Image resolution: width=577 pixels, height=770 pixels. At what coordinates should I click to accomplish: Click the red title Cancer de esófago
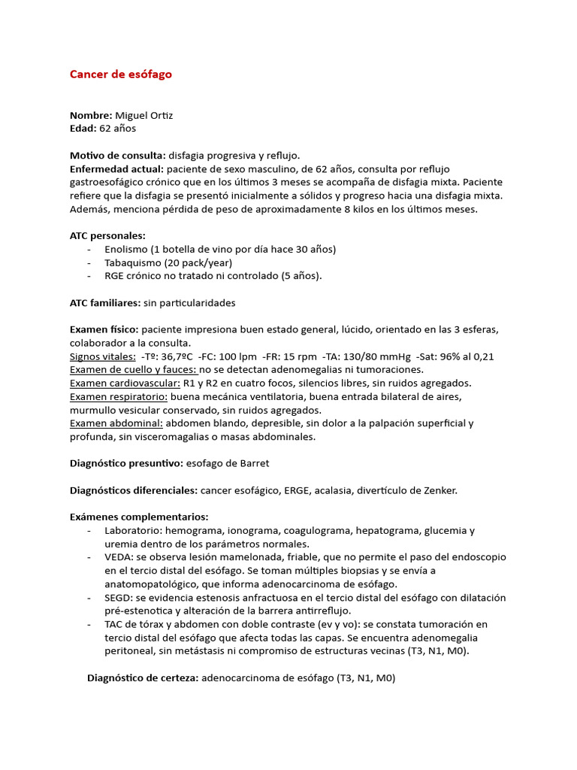coord(121,74)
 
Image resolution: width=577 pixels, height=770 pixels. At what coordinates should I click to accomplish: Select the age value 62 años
coord(118,129)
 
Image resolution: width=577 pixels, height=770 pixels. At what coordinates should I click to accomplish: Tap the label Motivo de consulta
coord(117,156)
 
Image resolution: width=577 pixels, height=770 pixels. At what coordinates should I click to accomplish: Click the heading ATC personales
coord(107,235)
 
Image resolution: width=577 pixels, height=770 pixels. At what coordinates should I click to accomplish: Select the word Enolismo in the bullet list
coord(125,249)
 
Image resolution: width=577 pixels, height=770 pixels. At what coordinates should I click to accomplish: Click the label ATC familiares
coord(104,302)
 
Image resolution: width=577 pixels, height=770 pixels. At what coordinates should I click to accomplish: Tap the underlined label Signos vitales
coord(102,356)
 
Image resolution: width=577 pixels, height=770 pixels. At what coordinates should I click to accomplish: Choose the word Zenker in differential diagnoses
coord(438,490)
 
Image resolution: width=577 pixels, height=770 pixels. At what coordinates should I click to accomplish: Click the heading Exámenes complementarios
coord(139,517)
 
